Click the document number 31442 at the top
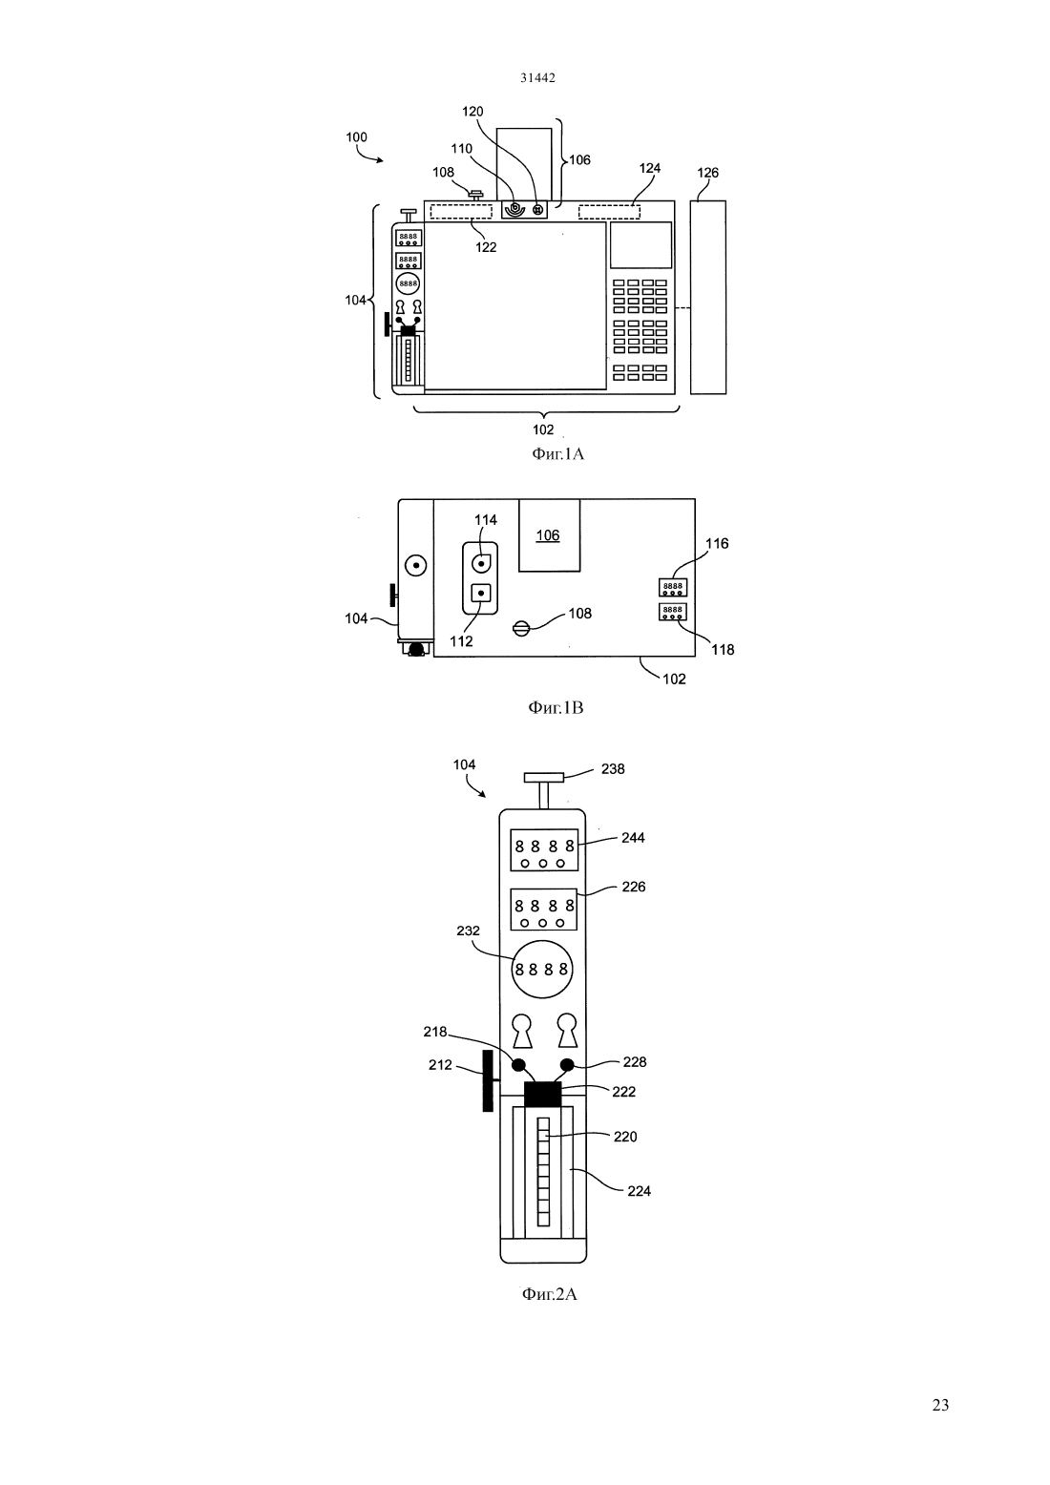tap(537, 77)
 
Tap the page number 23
tap(940, 1405)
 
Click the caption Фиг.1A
tap(557, 454)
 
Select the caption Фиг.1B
tap(556, 708)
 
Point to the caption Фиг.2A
tap(550, 1294)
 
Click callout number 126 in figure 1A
tap(708, 173)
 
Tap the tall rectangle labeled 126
tap(708, 298)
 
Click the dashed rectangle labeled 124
tap(609, 212)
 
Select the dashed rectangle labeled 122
tap(461, 212)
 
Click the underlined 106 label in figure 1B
tap(548, 535)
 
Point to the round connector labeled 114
tap(481, 563)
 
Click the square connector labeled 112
tap(481, 592)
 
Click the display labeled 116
tap(673, 587)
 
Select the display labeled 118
tap(673, 611)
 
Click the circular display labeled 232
tap(542, 970)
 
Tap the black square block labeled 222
tap(543, 1095)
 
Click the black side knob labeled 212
tap(488, 1080)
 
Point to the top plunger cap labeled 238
tap(544, 777)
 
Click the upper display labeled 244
tap(543, 850)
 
